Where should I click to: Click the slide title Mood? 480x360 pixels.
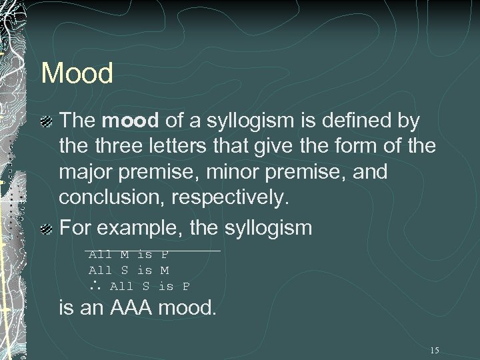tap(77, 73)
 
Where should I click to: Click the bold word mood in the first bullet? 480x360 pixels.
tap(130, 121)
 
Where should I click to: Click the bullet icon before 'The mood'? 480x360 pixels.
tap(47, 122)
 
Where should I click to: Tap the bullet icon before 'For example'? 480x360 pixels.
tap(47, 229)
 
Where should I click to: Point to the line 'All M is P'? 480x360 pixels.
tap(129, 254)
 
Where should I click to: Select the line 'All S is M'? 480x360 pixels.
tap(129, 270)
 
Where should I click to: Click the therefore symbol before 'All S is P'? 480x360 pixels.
tap(95, 287)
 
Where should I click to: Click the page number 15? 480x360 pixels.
tap(435, 350)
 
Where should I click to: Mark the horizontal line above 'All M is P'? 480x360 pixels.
tap(153, 250)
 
